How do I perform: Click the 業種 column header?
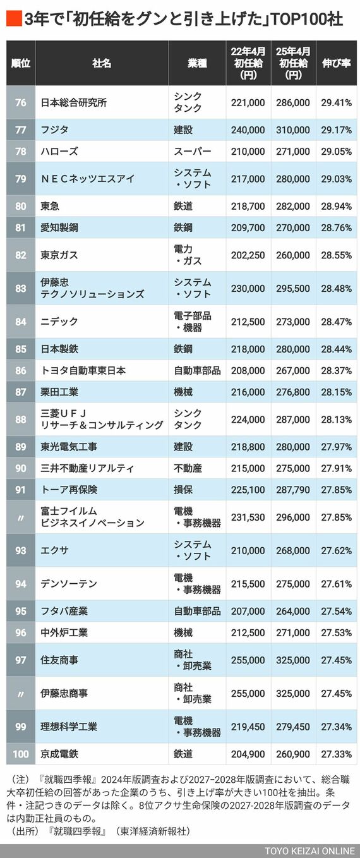pos(197,63)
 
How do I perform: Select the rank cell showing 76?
pos(21,102)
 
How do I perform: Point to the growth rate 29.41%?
pos(336,102)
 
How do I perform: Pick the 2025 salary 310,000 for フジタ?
pos(293,130)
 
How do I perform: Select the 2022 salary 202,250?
pos(248,255)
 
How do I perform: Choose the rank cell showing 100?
pos(21,754)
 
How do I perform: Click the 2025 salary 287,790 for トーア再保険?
pos(293,489)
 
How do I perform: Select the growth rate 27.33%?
pos(336,754)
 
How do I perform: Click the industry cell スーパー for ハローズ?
pos(193,152)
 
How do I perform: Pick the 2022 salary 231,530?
pos(248,517)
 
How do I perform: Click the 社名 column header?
pos(101,63)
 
